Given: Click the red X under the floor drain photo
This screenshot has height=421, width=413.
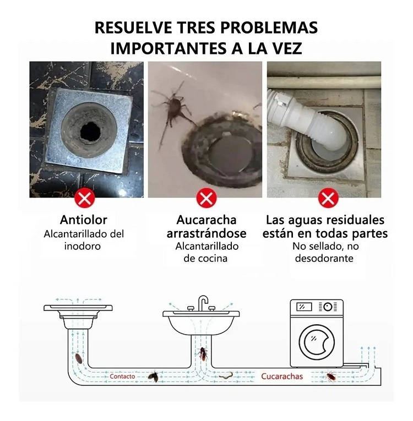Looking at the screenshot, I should point(85,197).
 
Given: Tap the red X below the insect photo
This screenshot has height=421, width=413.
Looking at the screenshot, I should point(206,197).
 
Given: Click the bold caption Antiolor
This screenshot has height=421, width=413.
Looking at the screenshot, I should point(84,220).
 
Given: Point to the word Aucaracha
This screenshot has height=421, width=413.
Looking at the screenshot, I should point(206,220).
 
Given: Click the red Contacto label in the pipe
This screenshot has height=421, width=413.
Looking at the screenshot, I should point(122,376).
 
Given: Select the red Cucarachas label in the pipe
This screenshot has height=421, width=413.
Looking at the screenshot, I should point(282,376).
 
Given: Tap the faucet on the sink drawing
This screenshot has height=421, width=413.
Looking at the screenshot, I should point(203,303).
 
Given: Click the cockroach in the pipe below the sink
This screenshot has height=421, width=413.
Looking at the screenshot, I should point(203,354).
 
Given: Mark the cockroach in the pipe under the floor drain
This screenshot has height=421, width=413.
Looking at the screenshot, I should point(80,359).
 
